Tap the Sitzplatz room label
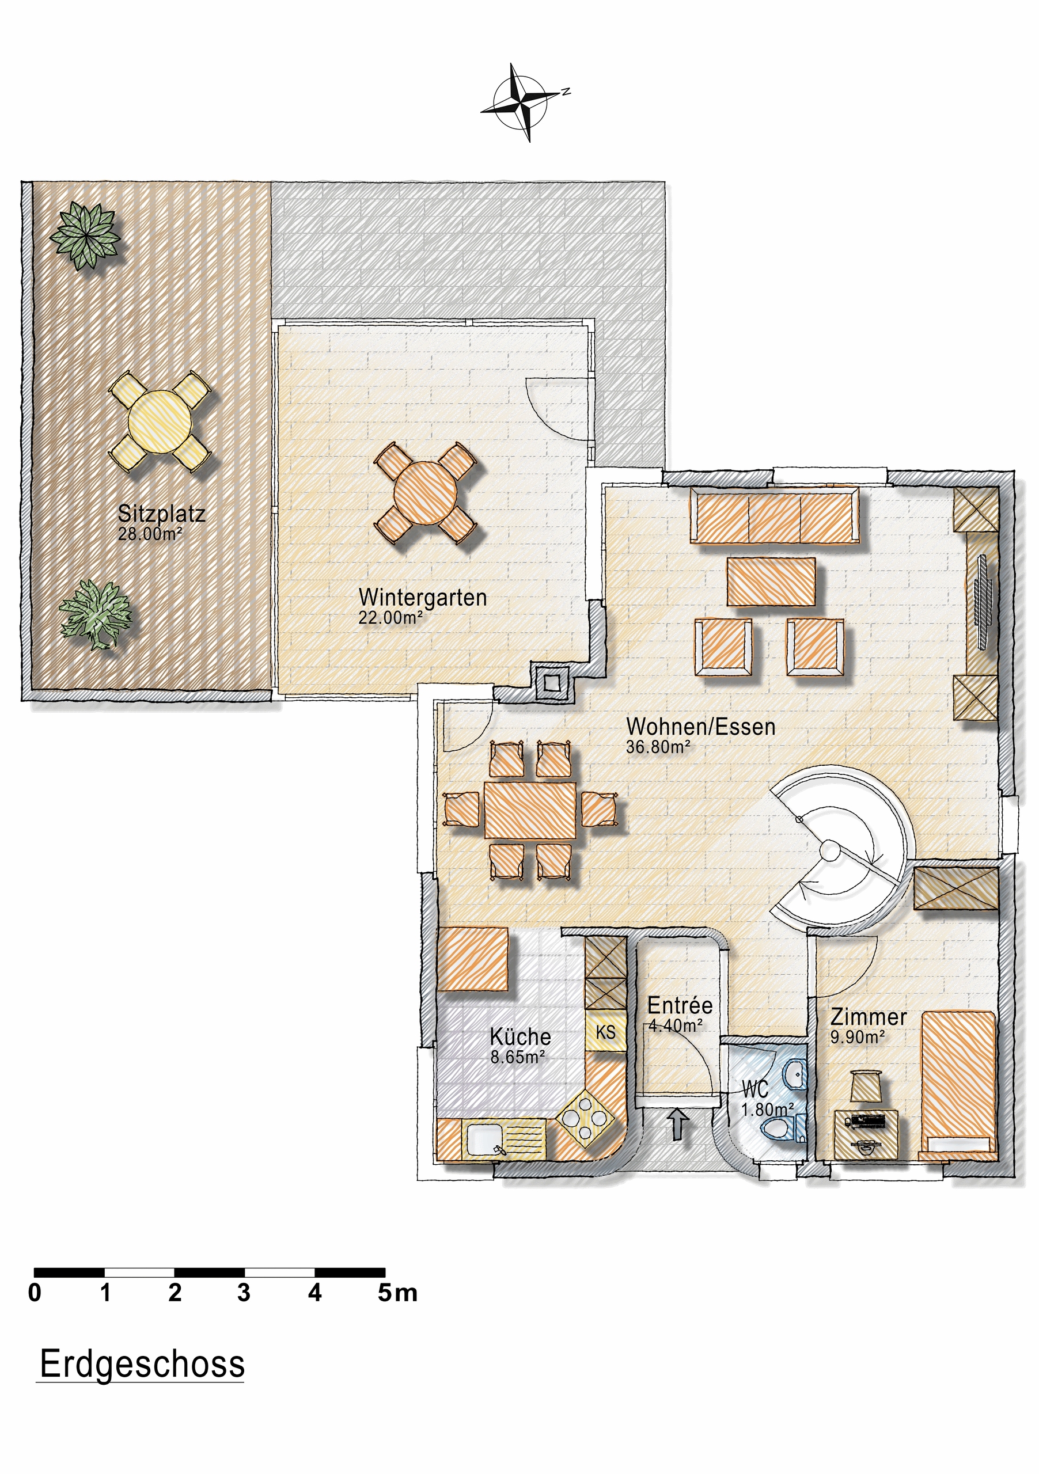tap(162, 514)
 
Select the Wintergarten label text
tap(423, 597)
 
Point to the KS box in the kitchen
tap(605, 1032)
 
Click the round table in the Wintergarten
tap(425, 493)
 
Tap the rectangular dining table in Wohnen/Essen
tap(530, 810)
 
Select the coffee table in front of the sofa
tap(771, 582)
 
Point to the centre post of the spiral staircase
tap(831, 851)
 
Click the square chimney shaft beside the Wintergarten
tap(551, 682)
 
